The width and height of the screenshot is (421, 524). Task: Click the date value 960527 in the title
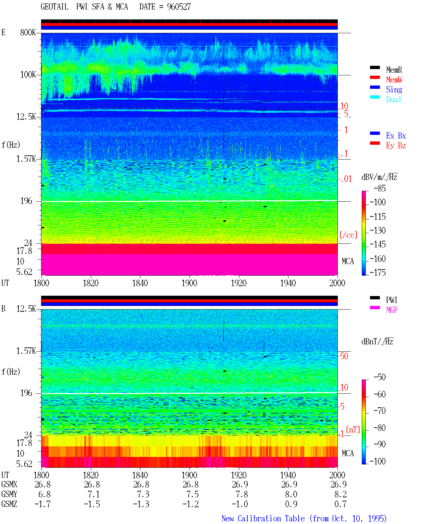(179, 7)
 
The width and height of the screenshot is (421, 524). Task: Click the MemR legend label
(394, 70)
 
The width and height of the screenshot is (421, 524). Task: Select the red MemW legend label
(394, 80)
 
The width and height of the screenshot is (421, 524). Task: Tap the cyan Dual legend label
(393, 99)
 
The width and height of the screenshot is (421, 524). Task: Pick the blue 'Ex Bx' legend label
(396, 136)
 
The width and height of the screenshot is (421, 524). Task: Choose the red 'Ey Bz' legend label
(396, 146)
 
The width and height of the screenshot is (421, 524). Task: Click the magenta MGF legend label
(392, 310)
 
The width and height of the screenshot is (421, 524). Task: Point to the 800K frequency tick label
(28, 32)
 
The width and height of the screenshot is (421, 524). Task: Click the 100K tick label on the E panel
(28, 75)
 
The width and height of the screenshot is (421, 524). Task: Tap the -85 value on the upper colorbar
(380, 188)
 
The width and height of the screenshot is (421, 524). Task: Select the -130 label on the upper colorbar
(378, 230)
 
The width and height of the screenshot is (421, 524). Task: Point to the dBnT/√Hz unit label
(377, 341)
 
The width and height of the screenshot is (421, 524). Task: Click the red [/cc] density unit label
(348, 235)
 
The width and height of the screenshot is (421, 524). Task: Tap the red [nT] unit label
(353, 429)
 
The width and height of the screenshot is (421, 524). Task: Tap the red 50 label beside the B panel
(344, 356)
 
